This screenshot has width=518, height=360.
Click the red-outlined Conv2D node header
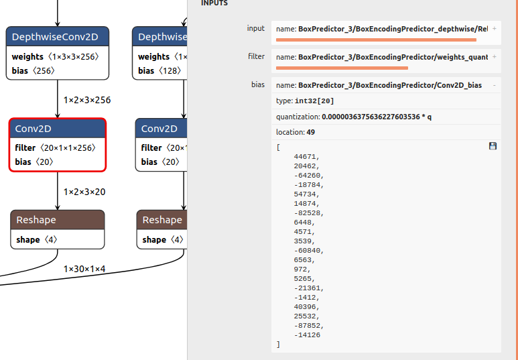(x=58, y=129)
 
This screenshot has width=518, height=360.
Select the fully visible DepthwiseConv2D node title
(x=55, y=37)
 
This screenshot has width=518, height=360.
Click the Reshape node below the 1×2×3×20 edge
(x=58, y=229)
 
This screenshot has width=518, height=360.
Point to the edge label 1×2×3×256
(x=87, y=100)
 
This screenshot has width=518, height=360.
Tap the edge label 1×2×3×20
(x=84, y=192)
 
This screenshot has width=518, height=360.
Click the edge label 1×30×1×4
(x=84, y=269)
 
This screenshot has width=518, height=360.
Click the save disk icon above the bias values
(x=493, y=146)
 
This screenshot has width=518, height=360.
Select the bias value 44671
(x=307, y=157)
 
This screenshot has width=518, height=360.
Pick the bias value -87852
(x=309, y=326)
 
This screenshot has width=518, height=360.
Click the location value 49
(x=310, y=132)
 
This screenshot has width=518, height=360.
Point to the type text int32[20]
(x=314, y=101)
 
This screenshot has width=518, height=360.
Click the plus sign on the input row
(x=495, y=29)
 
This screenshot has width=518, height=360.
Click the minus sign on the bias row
(x=495, y=85)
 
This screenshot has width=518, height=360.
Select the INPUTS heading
(x=214, y=3)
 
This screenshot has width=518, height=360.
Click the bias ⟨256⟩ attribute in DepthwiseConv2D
(x=34, y=71)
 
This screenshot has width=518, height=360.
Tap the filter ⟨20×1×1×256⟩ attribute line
(x=55, y=147)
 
